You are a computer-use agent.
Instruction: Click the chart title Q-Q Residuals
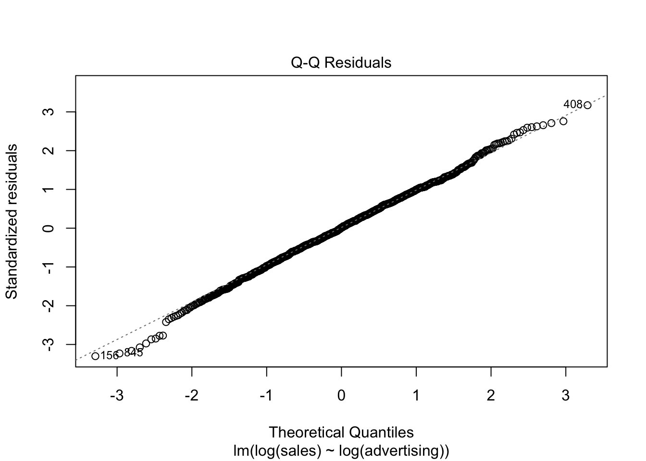[x=341, y=63]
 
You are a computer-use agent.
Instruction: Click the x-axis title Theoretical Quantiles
[x=341, y=432]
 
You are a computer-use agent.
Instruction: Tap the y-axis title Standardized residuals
[x=12, y=221]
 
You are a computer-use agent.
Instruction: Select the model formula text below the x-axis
[x=341, y=451]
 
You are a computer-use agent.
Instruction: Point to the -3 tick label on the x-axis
[x=117, y=396]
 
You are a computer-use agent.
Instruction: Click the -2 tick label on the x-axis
[x=192, y=396]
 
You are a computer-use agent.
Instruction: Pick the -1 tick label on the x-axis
[x=266, y=396]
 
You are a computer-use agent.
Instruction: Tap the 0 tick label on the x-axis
[x=341, y=396]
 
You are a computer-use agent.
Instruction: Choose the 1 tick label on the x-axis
[x=416, y=396]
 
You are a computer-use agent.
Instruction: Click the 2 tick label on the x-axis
[x=491, y=396]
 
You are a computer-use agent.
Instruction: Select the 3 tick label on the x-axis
[x=566, y=396]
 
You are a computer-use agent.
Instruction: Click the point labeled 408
[x=587, y=105]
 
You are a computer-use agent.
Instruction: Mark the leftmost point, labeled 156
[x=95, y=356]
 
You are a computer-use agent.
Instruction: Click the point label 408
[x=573, y=104]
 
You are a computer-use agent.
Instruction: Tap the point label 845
[x=134, y=353]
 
